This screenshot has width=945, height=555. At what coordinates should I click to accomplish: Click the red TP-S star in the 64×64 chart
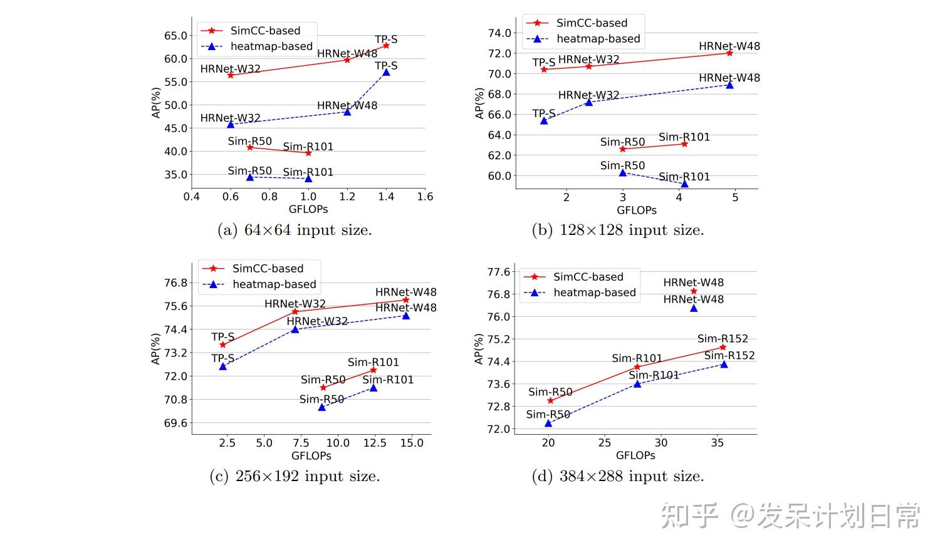pos(386,45)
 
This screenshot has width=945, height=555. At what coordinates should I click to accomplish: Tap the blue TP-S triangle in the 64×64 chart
pos(386,72)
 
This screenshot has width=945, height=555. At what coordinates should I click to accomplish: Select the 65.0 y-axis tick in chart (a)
pos(176,36)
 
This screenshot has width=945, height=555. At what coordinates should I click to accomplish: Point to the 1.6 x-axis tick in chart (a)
pos(425,197)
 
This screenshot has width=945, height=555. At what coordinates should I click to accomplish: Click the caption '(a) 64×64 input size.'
pos(295,231)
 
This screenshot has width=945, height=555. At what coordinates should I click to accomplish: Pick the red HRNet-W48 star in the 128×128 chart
pos(729,53)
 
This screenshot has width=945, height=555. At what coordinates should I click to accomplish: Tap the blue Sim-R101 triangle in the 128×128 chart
pos(684,184)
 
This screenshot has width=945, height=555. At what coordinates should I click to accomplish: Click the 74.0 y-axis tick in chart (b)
pos(500,33)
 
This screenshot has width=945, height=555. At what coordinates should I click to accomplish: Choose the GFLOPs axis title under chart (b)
pos(637,210)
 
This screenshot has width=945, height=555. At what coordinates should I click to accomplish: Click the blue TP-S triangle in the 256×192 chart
pos(222,366)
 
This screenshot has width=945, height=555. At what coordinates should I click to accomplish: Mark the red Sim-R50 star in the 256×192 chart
pos(323,388)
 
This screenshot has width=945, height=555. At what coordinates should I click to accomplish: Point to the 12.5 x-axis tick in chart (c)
pos(375,443)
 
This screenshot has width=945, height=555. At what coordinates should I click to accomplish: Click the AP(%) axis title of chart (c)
pos(156,349)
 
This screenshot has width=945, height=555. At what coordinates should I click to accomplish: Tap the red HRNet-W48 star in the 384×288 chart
pos(694,291)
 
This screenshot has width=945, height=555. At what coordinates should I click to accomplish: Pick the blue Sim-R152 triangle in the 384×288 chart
pos(724,364)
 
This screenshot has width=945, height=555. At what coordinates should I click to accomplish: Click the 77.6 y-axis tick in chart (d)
pos(499,272)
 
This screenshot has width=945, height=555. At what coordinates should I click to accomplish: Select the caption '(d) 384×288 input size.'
pos(618,477)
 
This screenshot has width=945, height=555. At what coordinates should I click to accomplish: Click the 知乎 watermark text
pos(689,517)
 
